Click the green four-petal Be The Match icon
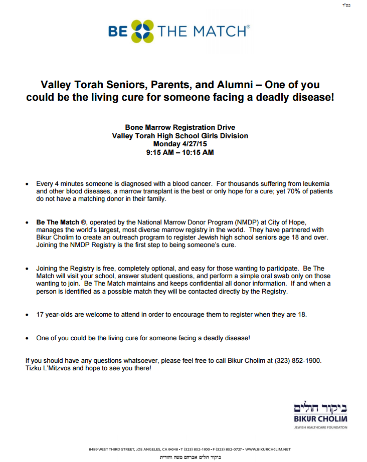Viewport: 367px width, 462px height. [143, 32]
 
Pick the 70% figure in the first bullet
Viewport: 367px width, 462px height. [287, 191]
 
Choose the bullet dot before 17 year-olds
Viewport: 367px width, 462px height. [27, 315]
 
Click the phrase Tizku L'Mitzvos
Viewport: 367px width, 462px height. [48, 368]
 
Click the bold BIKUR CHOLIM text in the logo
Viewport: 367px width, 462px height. [320, 418]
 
